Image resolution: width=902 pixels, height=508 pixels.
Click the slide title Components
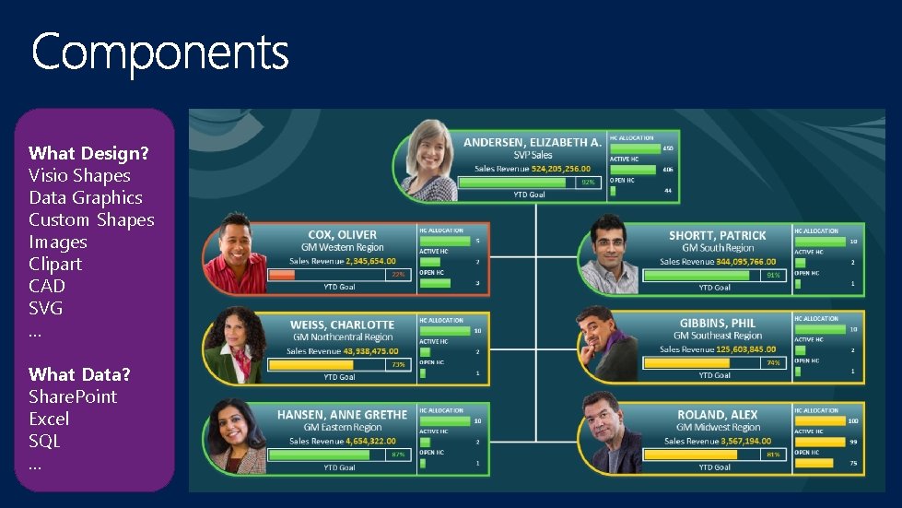tap(160, 52)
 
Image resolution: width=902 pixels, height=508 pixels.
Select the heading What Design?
tap(88, 153)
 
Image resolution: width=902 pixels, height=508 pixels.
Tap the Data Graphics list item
tap(86, 197)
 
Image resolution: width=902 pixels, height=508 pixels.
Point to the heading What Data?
tap(79, 374)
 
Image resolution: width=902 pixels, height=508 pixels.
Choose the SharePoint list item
tap(73, 396)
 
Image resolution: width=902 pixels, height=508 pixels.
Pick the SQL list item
tap(44, 441)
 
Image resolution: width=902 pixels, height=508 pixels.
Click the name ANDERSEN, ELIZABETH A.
tap(533, 143)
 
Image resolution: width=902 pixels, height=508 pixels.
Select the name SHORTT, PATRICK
tap(717, 235)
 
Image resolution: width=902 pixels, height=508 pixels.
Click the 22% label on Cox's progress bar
tap(398, 275)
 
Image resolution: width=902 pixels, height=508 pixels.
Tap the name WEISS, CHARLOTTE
tap(342, 325)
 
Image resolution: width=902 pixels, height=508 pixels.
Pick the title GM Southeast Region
tap(718, 336)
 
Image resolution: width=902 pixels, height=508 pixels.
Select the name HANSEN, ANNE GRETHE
tap(342, 415)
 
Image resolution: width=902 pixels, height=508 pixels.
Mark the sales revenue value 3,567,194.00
tap(733, 441)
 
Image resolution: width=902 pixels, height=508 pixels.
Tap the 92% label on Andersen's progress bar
tap(587, 183)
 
